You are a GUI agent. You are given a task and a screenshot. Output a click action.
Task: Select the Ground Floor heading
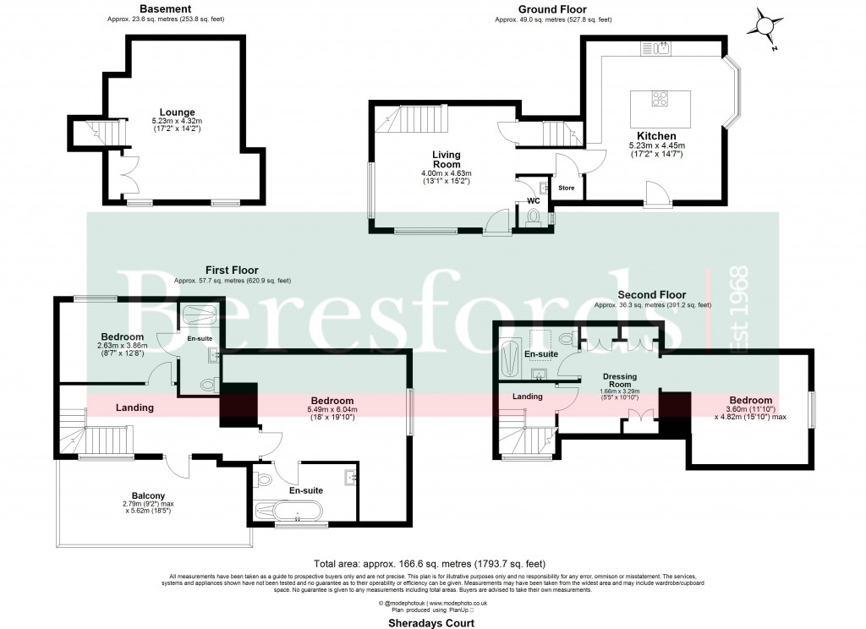pos(553,8)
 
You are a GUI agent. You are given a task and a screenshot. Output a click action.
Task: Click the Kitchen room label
pos(656,135)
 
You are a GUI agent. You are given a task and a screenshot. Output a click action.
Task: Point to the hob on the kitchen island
pos(660,99)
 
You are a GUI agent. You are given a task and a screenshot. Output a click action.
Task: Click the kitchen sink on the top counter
pos(662,47)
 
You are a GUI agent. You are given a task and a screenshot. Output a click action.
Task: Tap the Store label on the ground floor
pos(566,187)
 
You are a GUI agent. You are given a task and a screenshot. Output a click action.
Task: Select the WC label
pos(533,200)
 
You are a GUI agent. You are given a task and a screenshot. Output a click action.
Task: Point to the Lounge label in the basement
pos(178,112)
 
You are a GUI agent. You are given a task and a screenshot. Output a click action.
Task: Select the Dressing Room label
pos(619,380)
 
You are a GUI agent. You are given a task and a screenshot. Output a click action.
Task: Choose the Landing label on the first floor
pos(134,407)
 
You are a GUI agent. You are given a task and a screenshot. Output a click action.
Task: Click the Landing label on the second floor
pos(528,397)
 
